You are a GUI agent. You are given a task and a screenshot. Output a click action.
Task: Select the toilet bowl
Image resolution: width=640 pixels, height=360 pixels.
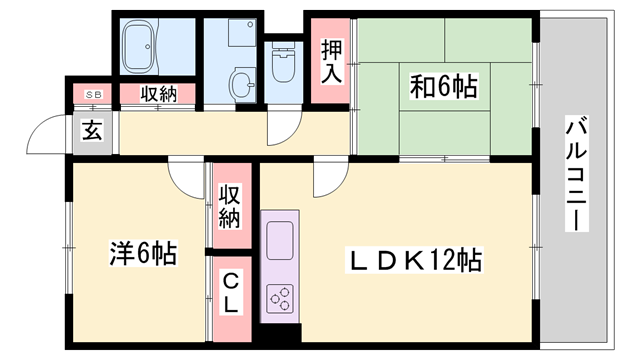point(282,67)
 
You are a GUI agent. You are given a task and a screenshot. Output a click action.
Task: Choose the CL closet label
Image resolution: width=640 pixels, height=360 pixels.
point(230,292)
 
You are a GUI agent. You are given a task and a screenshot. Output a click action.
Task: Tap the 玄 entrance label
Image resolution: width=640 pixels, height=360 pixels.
point(92,130)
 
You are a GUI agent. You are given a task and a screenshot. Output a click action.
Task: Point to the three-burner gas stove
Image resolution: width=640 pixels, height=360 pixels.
point(280,297)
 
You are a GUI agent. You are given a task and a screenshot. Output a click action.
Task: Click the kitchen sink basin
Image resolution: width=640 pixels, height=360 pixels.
point(280,241)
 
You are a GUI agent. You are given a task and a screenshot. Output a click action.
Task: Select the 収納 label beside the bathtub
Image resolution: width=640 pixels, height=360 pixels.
point(159,95)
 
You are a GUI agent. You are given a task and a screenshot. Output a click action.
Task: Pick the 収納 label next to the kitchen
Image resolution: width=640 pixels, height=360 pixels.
point(230,204)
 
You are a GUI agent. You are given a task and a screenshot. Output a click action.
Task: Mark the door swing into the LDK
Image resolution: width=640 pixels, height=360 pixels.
point(326,180)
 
